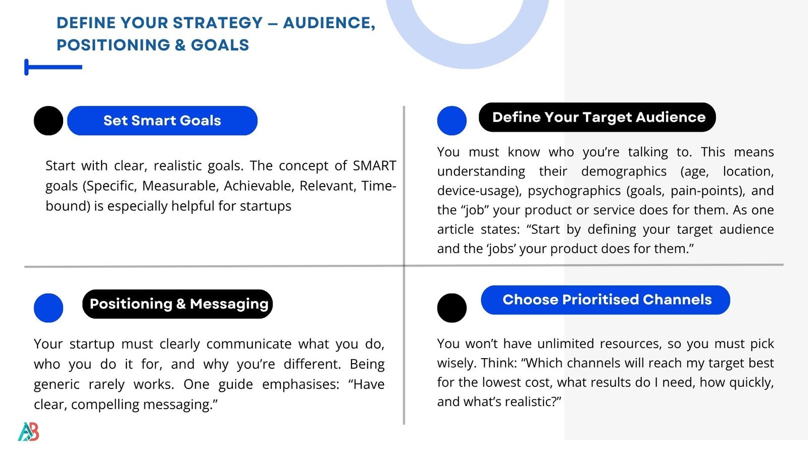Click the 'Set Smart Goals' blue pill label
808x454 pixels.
point(162,121)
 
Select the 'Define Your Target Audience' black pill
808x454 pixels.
point(597,117)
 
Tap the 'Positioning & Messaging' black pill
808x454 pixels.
point(177,304)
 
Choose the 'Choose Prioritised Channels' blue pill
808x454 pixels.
point(605,300)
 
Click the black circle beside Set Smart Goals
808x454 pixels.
point(48,121)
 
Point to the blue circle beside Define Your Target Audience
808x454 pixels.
point(451,121)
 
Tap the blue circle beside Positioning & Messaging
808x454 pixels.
point(48,308)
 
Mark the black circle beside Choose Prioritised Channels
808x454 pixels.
point(451,308)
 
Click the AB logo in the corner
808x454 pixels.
point(28,432)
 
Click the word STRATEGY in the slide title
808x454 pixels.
point(218,23)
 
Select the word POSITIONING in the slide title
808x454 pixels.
point(113,45)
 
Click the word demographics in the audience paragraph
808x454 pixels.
point(624,172)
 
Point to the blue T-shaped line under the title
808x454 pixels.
point(54,67)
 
